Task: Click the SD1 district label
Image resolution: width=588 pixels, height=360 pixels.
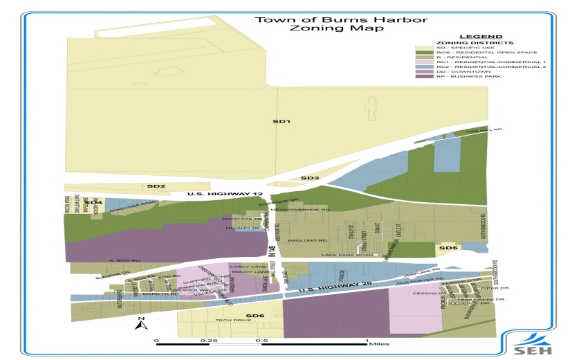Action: coord(280,121)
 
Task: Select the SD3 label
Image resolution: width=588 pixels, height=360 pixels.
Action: coord(310,179)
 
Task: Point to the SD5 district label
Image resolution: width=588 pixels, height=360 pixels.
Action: coord(448,247)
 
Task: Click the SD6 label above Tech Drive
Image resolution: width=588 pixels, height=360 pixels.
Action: coord(255,316)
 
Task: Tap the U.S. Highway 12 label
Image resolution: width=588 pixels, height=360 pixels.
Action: coord(217,195)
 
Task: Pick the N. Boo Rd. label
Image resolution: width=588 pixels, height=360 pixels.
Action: coord(125,260)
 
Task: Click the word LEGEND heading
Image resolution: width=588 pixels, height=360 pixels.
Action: coord(478,36)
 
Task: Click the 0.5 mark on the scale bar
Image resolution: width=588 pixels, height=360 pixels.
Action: coord(261,341)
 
